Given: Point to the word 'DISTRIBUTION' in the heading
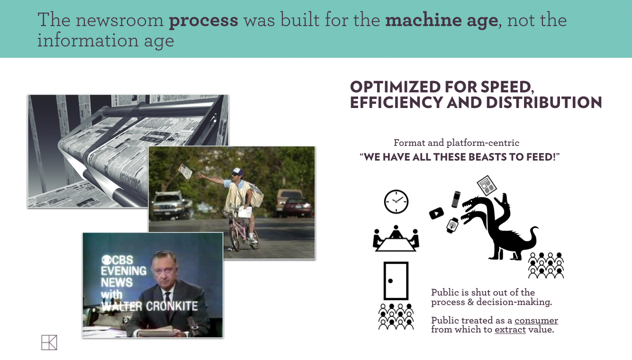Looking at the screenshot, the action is pos(544,102).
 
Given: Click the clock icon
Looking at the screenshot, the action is pos(396,201).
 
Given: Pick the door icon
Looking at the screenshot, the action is pos(396,281).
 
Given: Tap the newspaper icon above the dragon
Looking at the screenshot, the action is pos(487,185).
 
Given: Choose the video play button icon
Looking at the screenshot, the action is pos(436,213).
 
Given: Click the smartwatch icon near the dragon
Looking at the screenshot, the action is pos(452,225).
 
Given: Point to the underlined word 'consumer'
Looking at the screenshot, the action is pos(536,321).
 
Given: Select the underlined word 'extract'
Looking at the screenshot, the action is pos(510,330).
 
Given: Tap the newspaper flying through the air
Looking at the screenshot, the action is pos(185,171).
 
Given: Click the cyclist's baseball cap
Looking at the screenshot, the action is pos(238,171).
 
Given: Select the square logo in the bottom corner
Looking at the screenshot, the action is pos(49,342).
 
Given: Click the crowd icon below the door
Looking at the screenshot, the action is pos(396,316).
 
